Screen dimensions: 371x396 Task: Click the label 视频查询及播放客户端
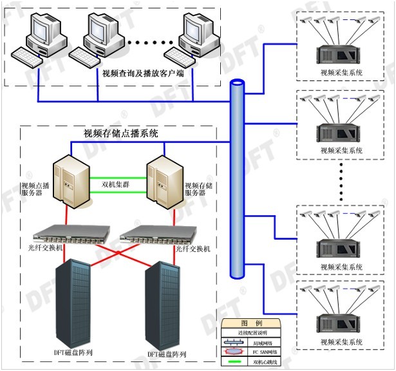[x=143, y=73]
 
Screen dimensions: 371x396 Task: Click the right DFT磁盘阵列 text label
[x=167, y=354]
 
